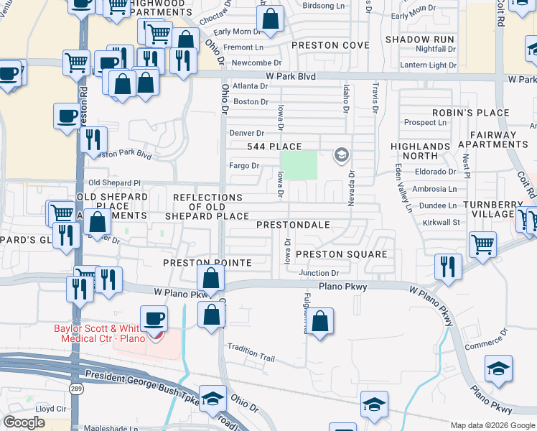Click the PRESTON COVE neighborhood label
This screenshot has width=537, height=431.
pos(330,45)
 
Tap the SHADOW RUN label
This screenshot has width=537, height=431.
pos(419,39)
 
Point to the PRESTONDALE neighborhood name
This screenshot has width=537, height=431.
pos(293,225)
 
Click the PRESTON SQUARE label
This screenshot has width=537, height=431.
pos(341,254)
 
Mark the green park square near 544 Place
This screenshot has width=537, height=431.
pos(298,164)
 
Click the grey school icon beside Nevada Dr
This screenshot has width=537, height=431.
pos(341,154)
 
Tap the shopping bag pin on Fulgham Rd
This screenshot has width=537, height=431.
pos(320,321)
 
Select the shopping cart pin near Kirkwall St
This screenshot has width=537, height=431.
pos(482,245)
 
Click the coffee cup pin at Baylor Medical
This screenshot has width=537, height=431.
pos(154,318)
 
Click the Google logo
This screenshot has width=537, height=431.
pos(24,422)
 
